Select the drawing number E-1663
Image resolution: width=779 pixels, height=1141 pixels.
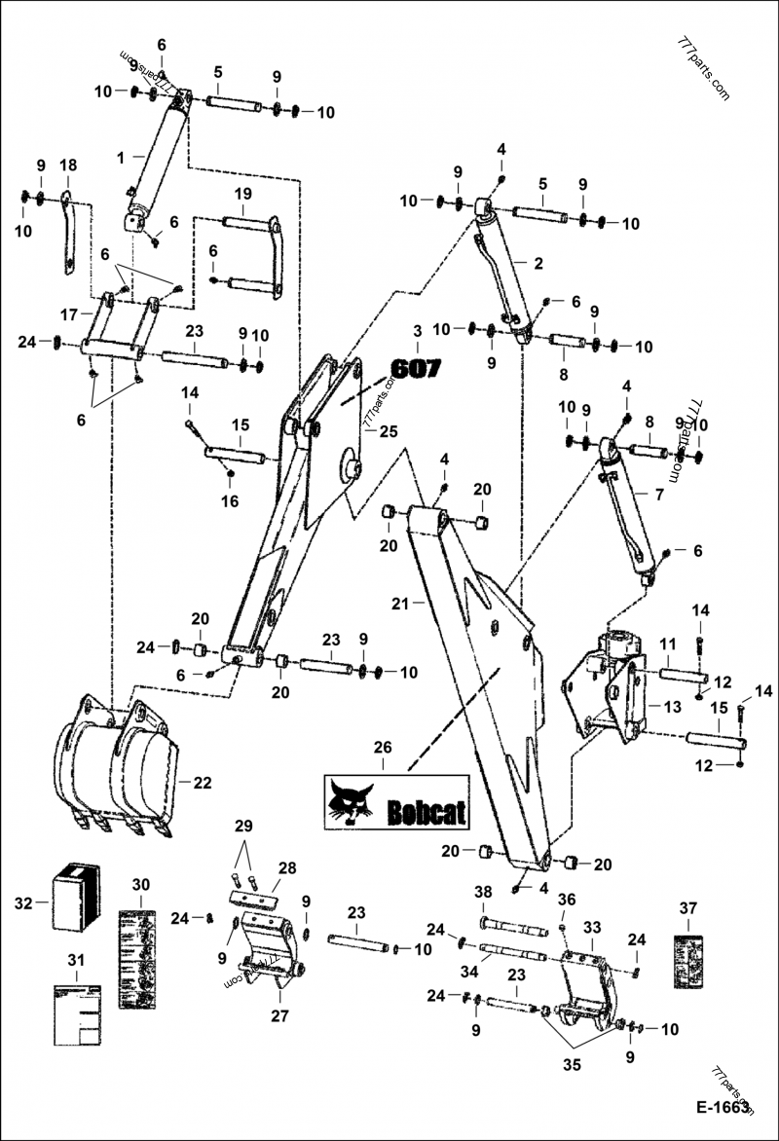click(x=723, y=1108)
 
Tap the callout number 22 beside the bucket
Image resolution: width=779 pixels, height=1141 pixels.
click(x=203, y=782)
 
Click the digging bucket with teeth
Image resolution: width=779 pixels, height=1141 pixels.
click(x=117, y=764)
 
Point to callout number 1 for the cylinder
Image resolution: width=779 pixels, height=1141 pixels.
click(x=120, y=156)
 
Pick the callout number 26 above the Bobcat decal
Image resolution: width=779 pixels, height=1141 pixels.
click(x=383, y=748)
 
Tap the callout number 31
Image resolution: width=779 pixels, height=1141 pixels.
click(x=76, y=960)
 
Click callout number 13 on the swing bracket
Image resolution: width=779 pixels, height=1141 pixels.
click(x=672, y=705)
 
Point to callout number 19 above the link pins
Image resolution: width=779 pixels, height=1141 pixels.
click(x=242, y=193)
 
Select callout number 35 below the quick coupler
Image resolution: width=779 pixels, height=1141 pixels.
click(x=572, y=1065)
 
